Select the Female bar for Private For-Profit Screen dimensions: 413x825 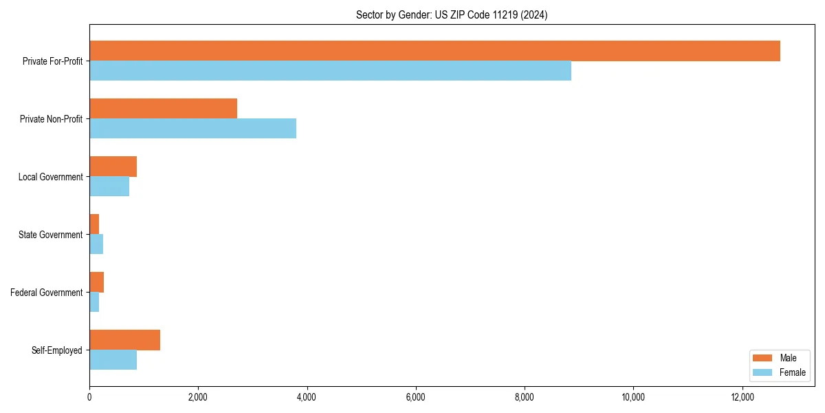[x=330, y=71]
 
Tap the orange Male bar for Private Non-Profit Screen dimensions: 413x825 [x=163, y=109]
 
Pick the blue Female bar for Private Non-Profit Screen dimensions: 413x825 [x=192, y=129]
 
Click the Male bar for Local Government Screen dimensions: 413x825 [x=113, y=167]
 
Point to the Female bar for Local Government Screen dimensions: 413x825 [x=109, y=187]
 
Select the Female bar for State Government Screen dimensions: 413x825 [x=96, y=244]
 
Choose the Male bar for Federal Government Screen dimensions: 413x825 [x=96, y=282]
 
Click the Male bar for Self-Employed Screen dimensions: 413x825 [x=124, y=340]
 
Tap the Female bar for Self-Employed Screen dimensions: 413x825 [x=113, y=360]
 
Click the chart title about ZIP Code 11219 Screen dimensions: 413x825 [x=452, y=14]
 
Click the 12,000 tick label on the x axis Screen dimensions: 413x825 [x=742, y=397]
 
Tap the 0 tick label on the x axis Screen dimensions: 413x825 [x=89, y=397]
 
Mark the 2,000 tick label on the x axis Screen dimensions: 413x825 [x=198, y=397]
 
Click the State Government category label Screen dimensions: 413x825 [x=51, y=235]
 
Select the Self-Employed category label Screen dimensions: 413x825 [x=57, y=350]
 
